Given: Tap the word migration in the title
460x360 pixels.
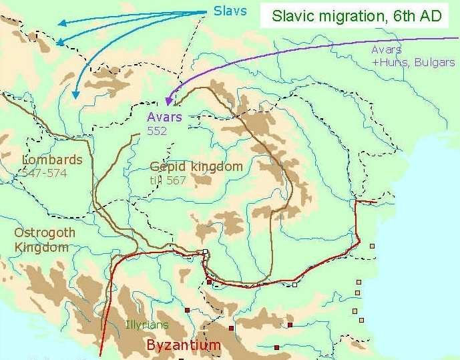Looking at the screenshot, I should [352, 17].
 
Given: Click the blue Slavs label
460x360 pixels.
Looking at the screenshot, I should [230, 11].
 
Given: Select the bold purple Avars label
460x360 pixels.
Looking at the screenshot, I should [164, 118].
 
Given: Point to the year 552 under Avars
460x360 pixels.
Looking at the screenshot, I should [157, 131].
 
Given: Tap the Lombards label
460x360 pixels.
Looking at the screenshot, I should [52, 160].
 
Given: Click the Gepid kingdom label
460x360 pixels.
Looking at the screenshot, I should [196, 166].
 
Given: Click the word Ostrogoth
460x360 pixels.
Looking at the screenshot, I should [45, 233].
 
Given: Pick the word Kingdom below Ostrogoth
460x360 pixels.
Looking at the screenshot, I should [41, 247].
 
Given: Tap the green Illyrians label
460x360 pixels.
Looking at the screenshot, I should [147, 325].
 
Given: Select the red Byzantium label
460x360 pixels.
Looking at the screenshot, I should [183, 345].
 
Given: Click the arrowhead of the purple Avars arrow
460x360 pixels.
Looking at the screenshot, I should [170, 102].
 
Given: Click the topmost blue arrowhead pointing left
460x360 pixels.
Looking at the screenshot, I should [61, 23].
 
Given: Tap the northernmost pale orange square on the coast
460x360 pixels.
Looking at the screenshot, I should [372, 246].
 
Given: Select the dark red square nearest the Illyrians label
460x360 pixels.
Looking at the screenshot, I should [188, 310].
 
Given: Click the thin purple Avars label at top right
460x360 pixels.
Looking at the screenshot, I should [387, 50].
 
